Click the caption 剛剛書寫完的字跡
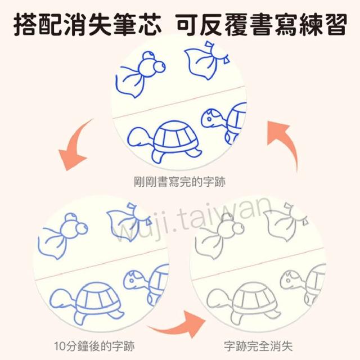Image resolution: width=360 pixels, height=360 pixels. click(179, 182)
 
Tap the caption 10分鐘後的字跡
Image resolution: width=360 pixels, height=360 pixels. click(94, 346)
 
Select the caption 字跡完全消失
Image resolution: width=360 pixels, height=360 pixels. click(258, 346)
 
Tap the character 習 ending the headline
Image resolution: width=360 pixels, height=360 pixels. click(334, 25)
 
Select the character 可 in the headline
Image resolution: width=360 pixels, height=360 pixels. click(188, 25)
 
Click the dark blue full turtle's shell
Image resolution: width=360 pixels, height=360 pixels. click(175, 136)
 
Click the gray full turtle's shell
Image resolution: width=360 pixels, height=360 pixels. click(254, 298)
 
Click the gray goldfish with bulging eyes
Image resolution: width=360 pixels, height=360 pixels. click(219, 236)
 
